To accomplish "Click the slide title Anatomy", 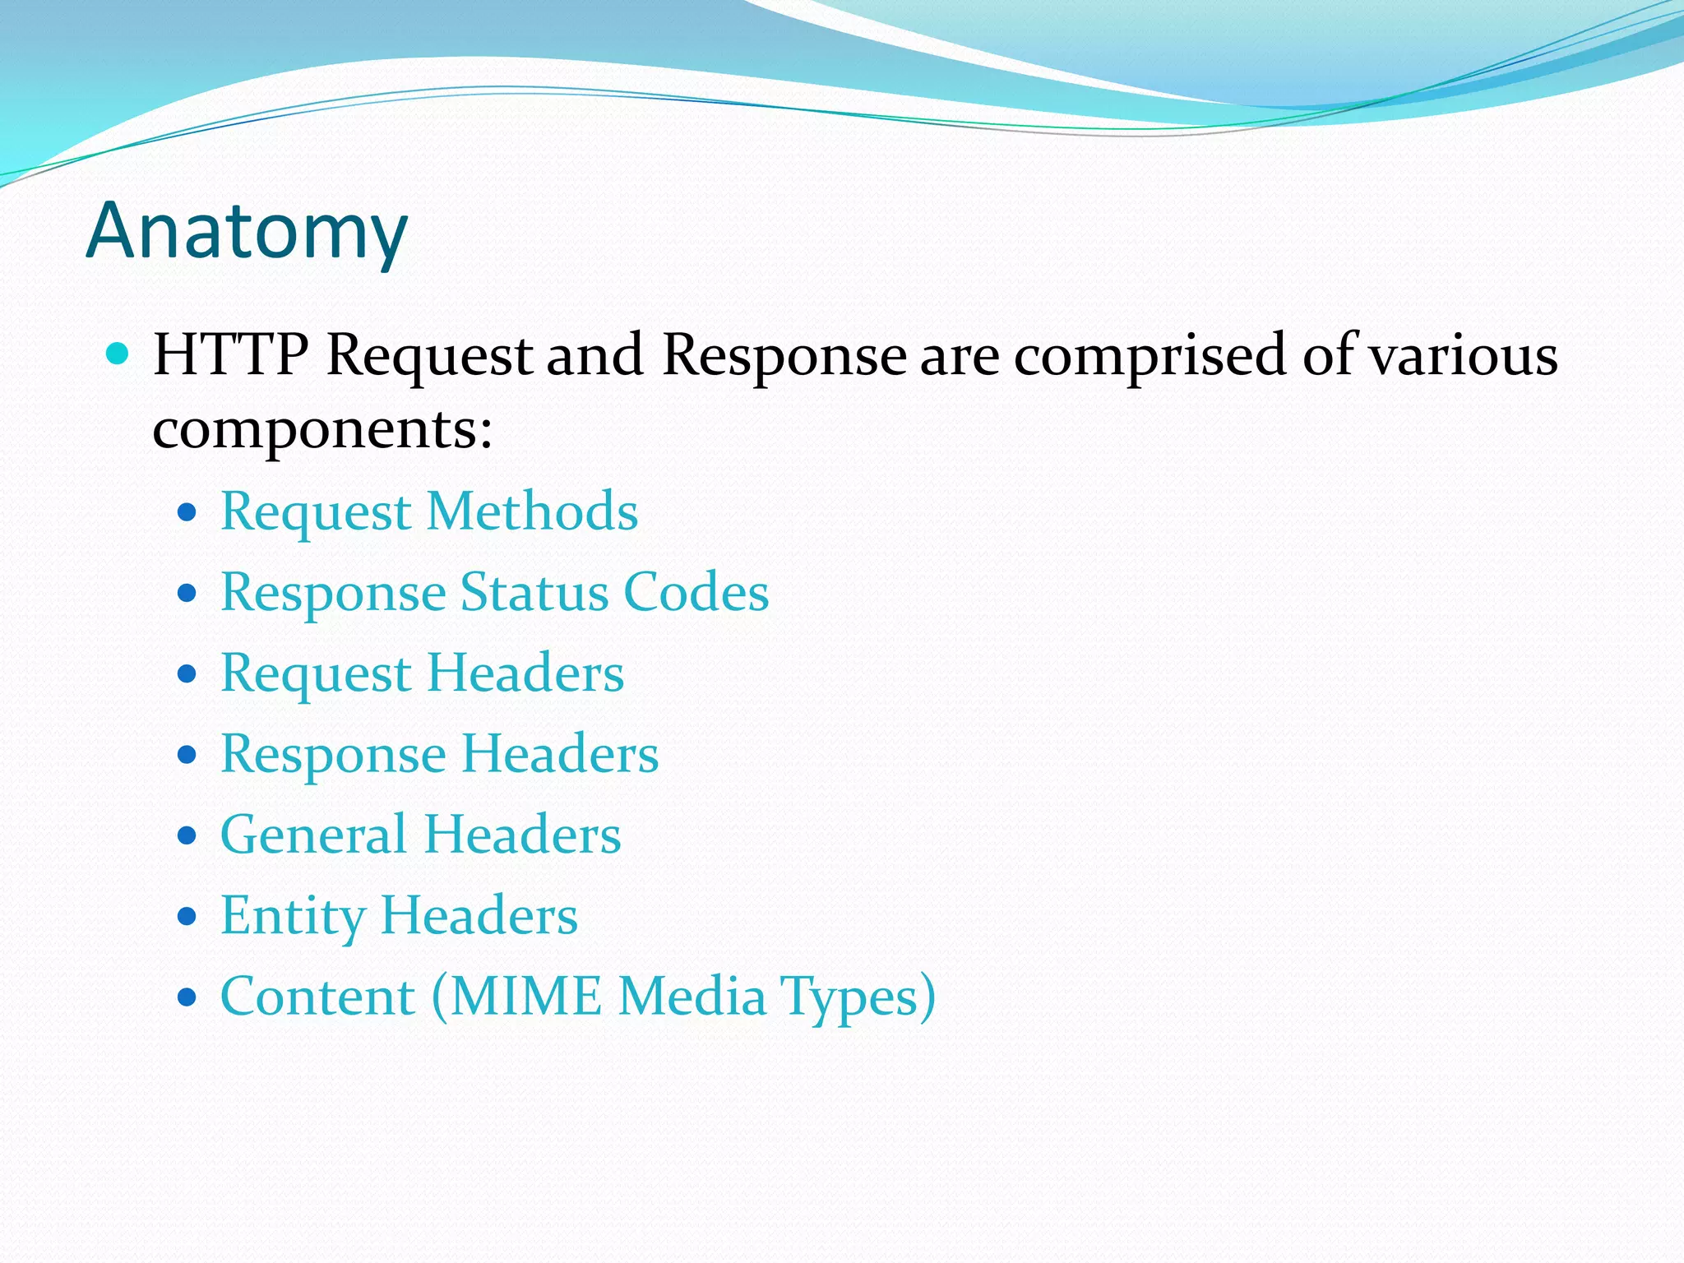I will coord(247,232).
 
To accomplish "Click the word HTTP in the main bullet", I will coord(231,355).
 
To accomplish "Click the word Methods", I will coord(532,511).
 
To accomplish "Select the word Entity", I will coord(293,916).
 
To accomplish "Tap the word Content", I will coord(318,997).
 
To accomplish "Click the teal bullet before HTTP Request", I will coord(119,354).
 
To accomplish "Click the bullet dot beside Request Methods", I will coord(187,513).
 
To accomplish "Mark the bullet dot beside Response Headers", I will coord(187,755).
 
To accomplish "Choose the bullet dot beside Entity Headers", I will coord(187,916).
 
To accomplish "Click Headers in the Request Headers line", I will coord(525,673).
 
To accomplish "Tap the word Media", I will coord(692,997).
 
